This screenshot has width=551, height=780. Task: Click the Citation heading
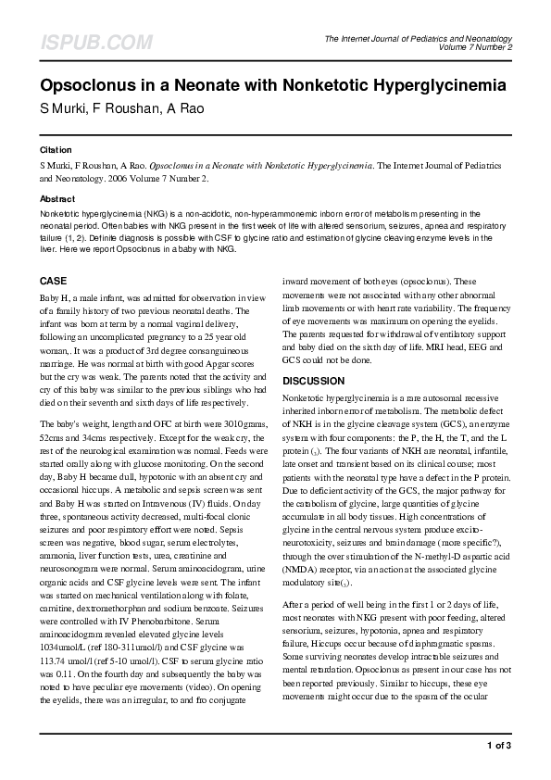tap(56, 149)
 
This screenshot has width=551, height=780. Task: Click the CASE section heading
tap(54, 280)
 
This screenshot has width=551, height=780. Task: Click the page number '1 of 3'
tap(498, 745)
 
